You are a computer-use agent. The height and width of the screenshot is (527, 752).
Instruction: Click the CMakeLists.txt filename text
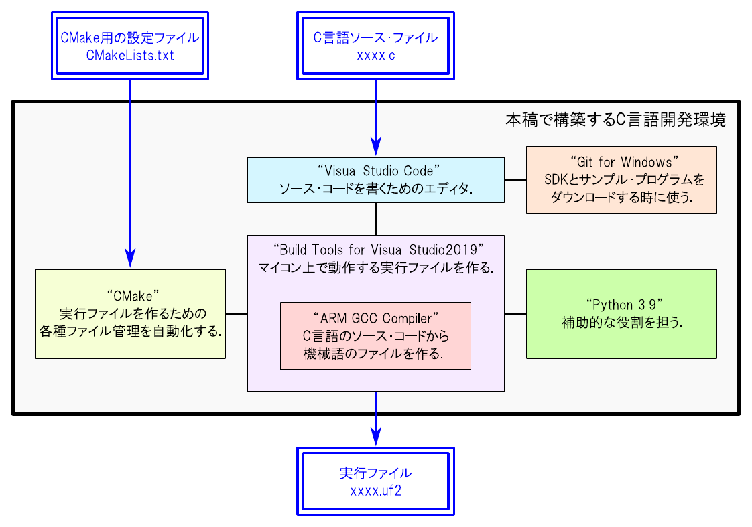pos(130,56)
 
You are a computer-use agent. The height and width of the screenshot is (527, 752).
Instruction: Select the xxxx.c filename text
pos(375,56)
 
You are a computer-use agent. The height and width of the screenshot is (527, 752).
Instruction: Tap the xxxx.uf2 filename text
pos(375,491)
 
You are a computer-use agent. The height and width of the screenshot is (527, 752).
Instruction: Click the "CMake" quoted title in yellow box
pos(129,295)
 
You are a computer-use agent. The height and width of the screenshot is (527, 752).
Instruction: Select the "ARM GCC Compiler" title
pos(375,316)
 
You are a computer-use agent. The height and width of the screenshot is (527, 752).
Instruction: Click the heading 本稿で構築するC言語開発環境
pos(615,121)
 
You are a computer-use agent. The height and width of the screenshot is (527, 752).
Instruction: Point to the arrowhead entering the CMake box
pos(129,258)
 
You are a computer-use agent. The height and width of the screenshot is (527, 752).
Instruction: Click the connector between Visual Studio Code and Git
pos(515,179)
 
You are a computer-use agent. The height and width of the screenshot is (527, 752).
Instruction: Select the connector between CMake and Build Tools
pos(236,313)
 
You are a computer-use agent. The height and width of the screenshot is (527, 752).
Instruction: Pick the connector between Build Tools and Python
pos(515,313)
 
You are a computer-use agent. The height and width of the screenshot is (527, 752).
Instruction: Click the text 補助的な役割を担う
pos(621,323)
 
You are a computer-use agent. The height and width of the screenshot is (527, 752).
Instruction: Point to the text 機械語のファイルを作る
pos(375,354)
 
